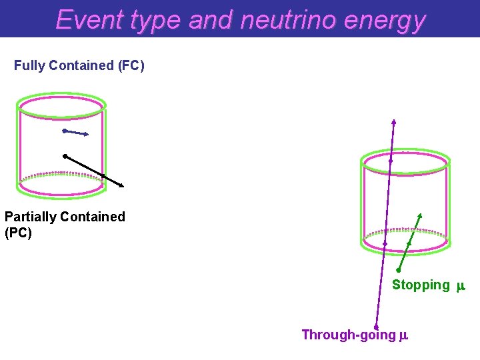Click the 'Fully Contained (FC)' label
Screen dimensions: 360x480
point(79,65)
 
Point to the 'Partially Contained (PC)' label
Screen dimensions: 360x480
point(65,225)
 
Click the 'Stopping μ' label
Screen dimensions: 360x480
point(427,285)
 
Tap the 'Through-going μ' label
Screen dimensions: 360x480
point(354,335)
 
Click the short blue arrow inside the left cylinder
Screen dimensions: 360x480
point(76,133)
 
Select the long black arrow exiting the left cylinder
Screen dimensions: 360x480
point(93,171)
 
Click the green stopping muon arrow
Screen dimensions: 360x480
point(409,243)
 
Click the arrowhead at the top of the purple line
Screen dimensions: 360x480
point(394,121)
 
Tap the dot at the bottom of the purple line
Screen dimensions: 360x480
point(377,327)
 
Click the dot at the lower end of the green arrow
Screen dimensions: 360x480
point(397,270)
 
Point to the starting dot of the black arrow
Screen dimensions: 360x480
point(65,156)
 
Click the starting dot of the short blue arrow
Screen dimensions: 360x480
point(64,131)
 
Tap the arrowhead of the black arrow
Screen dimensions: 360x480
point(123,186)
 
